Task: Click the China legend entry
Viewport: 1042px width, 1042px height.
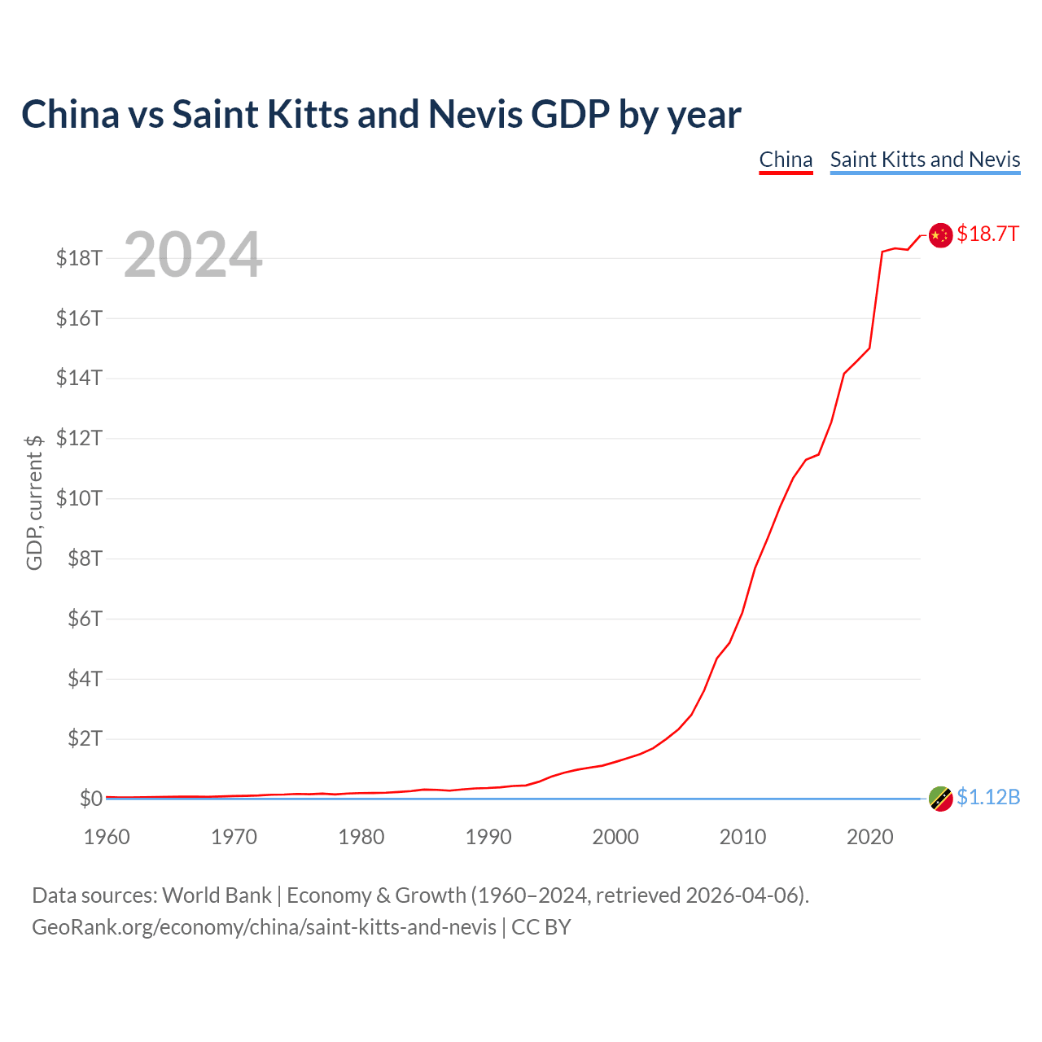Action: click(x=786, y=160)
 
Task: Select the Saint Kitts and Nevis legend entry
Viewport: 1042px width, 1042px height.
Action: click(x=926, y=160)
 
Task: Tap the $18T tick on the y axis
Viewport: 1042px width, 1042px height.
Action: click(x=79, y=259)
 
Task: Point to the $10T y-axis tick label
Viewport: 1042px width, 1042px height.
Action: click(x=79, y=498)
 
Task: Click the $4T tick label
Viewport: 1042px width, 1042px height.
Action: click(x=85, y=679)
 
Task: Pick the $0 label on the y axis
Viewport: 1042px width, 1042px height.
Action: click(x=91, y=799)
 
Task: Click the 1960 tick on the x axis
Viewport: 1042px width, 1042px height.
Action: click(x=107, y=837)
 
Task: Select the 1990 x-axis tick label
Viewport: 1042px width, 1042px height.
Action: click(x=488, y=837)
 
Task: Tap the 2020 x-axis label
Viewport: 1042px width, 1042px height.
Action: click(x=869, y=837)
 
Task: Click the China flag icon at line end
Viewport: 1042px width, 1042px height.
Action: click(x=940, y=235)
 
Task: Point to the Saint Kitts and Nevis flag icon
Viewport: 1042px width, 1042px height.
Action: click(x=940, y=799)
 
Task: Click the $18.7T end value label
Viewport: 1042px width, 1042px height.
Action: click(x=988, y=234)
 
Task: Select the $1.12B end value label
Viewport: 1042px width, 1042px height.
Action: click(x=988, y=798)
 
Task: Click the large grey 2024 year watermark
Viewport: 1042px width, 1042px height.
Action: click(x=193, y=254)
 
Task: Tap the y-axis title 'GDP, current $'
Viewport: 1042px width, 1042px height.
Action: click(x=34, y=502)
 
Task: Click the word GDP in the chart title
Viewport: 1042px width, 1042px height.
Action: click(x=570, y=115)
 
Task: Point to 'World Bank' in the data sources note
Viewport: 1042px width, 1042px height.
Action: click(x=217, y=895)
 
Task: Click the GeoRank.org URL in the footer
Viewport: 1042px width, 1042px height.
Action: click(x=264, y=927)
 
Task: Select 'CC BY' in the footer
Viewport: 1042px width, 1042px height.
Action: click(x=541, y=927)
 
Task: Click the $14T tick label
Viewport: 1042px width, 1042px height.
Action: click(x=79, y=379)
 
